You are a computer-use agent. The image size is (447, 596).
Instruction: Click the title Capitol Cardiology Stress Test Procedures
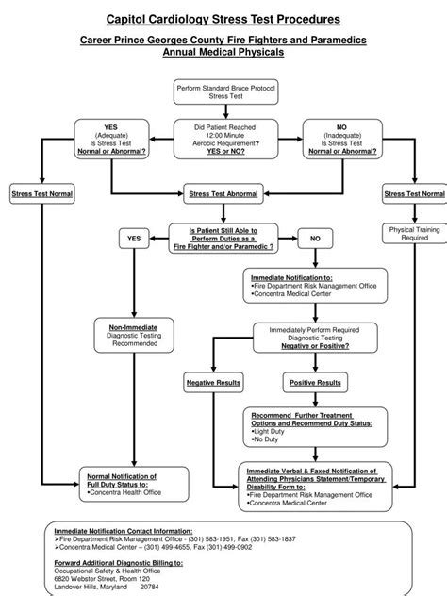pos(223,18)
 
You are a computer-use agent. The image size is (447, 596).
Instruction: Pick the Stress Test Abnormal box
pos(223,193)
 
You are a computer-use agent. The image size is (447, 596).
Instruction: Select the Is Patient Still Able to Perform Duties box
pos(223,238)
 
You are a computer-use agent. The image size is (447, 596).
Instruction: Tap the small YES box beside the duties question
pos(134,239)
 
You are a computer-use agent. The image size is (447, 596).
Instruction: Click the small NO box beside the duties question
pos(315,239)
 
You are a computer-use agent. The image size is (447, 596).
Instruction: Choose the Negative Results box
pos(214,383)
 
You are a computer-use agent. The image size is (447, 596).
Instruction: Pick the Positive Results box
pos(315,383)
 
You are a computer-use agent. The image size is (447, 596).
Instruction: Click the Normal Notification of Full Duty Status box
pos(124,483)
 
